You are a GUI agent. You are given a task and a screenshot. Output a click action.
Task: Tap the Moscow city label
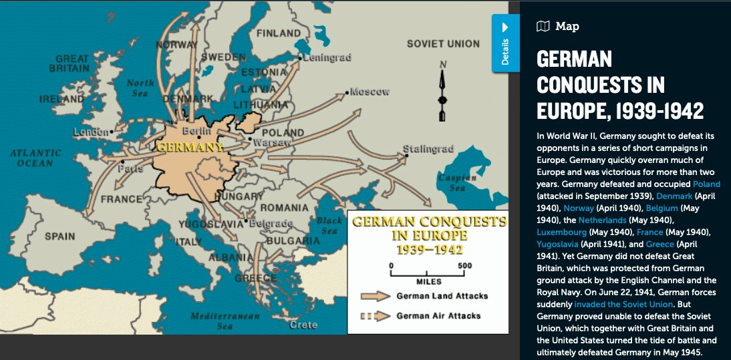370,92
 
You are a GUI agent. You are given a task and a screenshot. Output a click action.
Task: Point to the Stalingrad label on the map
428,148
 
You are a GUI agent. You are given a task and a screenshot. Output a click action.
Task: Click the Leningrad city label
327,58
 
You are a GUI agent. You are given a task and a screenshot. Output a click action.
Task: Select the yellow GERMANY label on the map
190,146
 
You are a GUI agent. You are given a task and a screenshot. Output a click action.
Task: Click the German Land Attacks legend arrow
374,296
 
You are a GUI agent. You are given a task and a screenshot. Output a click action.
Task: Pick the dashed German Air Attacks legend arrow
374,316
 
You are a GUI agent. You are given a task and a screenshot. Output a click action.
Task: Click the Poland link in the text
706,184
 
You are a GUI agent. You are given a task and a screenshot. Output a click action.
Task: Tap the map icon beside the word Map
543,27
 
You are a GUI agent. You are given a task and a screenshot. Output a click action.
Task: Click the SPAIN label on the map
60,236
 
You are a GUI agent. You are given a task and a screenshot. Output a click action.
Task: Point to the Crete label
303,325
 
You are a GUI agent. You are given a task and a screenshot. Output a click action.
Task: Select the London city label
90,132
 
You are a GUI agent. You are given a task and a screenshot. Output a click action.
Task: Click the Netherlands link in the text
602,220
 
